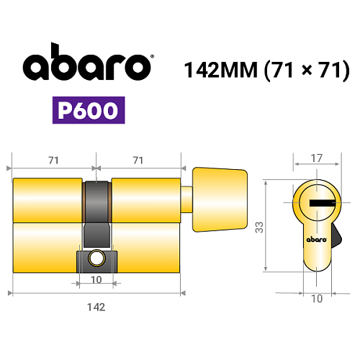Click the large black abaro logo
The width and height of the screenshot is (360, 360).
point(87,62)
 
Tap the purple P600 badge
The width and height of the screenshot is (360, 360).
point(89,110)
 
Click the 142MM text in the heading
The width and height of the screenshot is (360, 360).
point(221,70)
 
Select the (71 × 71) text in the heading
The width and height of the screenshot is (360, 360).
point(307,70)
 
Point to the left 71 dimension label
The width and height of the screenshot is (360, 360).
point(53,161)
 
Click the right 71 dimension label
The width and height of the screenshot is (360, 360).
point(138,161)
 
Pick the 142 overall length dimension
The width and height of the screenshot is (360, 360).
point(96,307)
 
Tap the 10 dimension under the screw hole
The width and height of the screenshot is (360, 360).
point(96,280)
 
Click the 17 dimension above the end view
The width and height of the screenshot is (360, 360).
point(317,158)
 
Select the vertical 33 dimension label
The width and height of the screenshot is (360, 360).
point(259,228)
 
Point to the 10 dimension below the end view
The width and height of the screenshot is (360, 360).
point(317,299)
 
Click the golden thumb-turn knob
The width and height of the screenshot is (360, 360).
point(220,199)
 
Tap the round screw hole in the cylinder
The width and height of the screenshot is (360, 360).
point(97,258)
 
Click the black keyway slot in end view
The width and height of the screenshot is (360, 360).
point(322,203)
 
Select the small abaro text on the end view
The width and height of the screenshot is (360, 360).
point(317,240)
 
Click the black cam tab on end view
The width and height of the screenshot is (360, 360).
point(336,236)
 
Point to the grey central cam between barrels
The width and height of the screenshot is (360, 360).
point(96,214)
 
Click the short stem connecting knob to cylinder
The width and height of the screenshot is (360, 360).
point(186,199)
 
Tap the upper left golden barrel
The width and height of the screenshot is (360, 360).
point(48,200)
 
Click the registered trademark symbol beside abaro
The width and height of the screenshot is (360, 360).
point(152,57)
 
